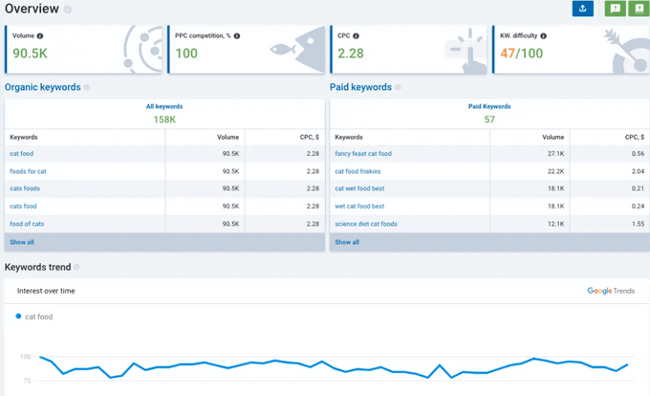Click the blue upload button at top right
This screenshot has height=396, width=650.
tap(582, 9)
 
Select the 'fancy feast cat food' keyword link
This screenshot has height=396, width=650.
tap(362, 153)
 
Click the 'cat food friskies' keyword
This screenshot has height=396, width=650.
tap(358, 170)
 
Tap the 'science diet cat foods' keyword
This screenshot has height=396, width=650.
tap(365, 223)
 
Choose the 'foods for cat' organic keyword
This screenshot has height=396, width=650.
tap(28, 170)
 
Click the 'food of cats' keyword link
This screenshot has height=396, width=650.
tap(27, 223)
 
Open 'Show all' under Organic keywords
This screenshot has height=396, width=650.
tap(21, 242)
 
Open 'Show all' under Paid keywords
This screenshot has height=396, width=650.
tap(347, 242)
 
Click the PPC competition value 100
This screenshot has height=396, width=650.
tap(185, 54)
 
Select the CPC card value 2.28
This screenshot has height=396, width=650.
tap(350, 54)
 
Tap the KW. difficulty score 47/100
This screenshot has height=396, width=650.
tap(521, 54)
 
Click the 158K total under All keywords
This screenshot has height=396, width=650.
tap(164, 120)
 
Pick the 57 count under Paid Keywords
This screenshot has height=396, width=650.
tap(488, 120)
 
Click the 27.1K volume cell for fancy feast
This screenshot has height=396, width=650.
tap(554, 153)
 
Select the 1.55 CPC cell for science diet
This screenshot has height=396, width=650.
tap(637, 223)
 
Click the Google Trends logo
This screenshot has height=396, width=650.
tap(610, 291)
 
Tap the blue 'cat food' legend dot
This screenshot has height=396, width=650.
tap(19, 316)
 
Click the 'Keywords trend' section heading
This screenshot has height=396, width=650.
tap(37, 267)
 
